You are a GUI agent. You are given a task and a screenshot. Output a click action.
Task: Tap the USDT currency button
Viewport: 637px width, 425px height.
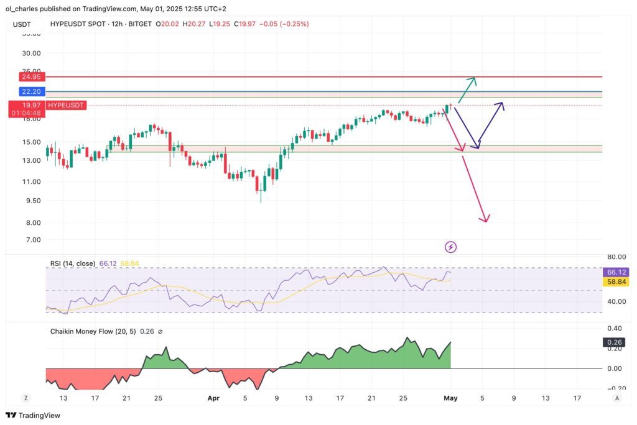pos(22,24)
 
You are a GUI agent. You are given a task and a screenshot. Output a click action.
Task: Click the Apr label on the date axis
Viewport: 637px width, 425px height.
pos(213,398)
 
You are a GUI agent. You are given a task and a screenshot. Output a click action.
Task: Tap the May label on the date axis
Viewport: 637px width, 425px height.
pos(450,398)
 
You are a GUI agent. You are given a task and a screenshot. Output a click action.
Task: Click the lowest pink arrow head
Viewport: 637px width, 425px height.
pos(486,219)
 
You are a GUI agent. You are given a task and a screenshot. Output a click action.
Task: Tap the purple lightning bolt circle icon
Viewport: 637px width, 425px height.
pos(451,247)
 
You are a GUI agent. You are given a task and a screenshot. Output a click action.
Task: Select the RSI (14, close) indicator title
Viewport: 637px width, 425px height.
pos(73,263)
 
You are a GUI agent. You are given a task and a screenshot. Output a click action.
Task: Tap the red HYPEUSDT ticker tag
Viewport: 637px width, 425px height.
pos(66,105)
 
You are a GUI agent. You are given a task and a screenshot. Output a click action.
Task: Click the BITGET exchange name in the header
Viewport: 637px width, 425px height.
pos(138,24)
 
